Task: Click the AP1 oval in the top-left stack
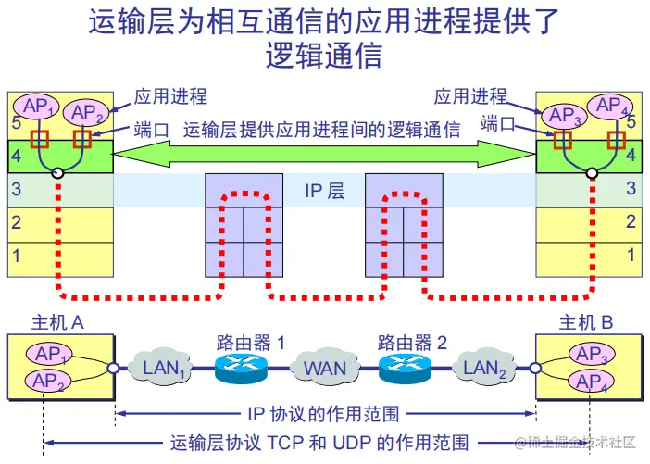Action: [36, 107]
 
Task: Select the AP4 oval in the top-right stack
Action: [610, 106]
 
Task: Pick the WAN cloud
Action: [325, 368]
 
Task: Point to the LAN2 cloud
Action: [484, 368]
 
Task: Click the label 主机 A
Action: [57, 322]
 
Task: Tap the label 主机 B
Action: [586, 322]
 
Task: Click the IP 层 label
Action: [325, 191]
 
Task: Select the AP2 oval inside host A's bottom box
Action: [48, 381]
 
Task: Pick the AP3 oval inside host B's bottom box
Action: [592, 355]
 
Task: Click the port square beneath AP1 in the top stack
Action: [40, 139]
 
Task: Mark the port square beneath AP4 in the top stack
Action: [616, 140]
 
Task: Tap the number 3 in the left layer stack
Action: [16, 190]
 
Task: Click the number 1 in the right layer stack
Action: [631, 255]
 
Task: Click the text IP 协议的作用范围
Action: [324, 414]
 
